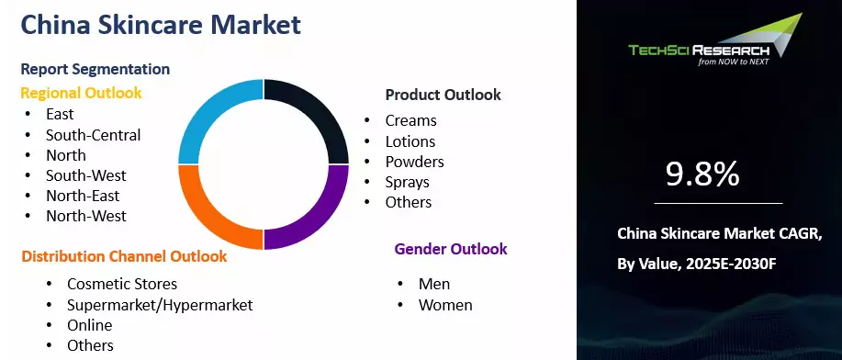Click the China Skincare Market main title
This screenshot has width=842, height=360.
[x=161, y=25]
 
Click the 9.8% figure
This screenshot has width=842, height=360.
[x=702, y=174]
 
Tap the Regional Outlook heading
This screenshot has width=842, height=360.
[x=81, y=93]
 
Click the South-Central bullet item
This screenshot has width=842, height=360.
[x=94, y=135]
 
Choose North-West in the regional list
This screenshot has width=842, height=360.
[x=86, y=216]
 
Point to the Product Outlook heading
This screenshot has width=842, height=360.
[x=443, y=95]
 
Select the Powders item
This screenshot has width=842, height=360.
[x=414, y=162]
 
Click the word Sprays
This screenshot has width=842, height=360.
[x=408, y=182]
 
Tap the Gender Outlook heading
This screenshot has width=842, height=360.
[x=451, y=249]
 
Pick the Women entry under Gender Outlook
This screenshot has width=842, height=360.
[x=445, y=305]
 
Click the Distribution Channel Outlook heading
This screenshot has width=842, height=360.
[x=124, y=256]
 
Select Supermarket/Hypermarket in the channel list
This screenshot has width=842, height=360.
[x=160, y=305]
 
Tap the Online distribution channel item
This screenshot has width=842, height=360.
[x=90, y=325]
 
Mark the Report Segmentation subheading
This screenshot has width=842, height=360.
[x=95, y=69]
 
